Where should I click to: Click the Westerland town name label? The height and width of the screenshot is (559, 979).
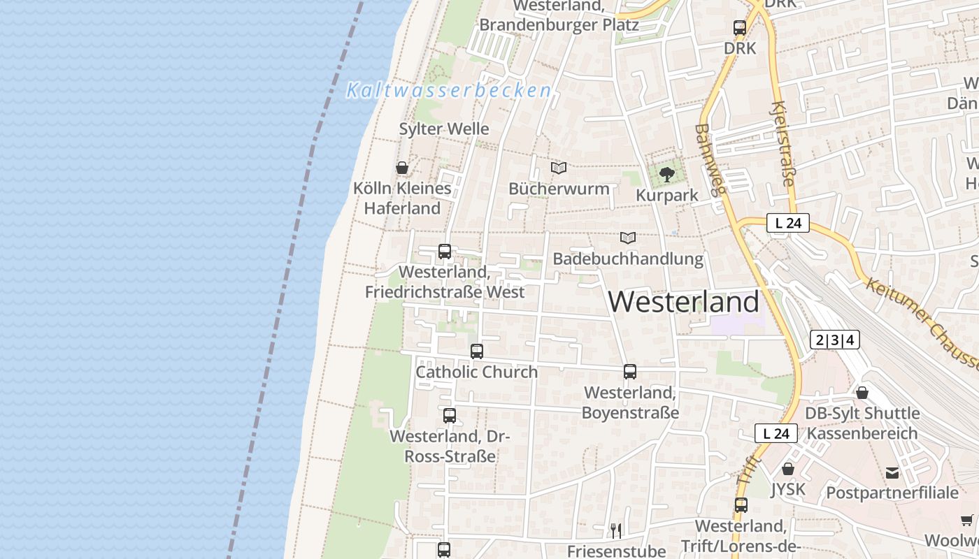tap(683, 302)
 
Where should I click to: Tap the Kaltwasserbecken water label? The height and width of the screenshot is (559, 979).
tap(448, 90)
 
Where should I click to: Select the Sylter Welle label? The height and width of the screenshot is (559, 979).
tap(444, 129)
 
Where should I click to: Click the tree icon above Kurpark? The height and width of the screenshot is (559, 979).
tap(667, 174)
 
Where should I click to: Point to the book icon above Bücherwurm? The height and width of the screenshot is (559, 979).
tap(558, 168)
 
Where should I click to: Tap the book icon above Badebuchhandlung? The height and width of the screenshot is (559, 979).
tap(628, 238)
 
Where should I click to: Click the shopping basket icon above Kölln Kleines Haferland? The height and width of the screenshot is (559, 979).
tap(402, 168)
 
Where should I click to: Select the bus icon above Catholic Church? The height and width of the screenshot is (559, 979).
tap(477, 351)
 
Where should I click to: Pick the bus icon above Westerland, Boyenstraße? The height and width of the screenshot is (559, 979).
tap(630, 372)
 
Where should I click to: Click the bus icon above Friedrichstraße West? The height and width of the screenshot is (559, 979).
tap(445, 252)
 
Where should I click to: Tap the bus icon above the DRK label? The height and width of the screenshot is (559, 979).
tap(740, 28)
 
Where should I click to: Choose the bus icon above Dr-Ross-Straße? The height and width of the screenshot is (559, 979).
tap(450, 416)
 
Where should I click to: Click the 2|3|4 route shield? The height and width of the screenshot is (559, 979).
tap(834, 340)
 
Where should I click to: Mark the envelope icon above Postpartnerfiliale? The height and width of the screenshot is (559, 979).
tap(892, 473)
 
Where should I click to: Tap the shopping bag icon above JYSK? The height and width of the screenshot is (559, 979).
tap(788, 469)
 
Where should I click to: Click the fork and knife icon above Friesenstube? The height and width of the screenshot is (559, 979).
tap(616, 531)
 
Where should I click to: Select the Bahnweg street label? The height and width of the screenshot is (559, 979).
tap(711, 159)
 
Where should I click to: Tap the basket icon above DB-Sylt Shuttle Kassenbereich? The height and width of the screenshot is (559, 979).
tap(862, 393)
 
